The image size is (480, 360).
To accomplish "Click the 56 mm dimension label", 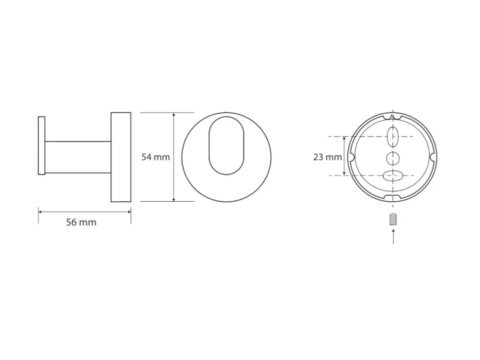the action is [81, 222].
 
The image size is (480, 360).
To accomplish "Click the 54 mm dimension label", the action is [155, 157].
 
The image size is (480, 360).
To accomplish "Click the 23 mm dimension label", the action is [327, 157].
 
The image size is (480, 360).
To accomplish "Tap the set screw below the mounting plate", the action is [393, 219].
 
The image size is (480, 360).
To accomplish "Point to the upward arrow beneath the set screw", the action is [393, 237].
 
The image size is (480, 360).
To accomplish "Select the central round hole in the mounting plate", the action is [393, 158].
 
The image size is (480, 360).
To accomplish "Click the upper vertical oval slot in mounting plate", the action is [393, 136].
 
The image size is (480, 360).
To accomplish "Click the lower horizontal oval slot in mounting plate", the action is [393, 176].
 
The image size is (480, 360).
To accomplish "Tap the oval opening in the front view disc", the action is [227, 145].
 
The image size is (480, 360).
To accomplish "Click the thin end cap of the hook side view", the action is [42, 145].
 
